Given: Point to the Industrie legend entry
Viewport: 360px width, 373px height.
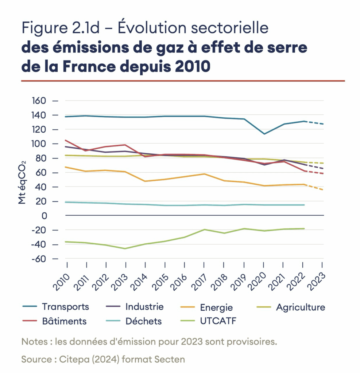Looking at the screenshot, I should [144, 307].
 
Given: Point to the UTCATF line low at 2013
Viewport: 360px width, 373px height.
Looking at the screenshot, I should [125, 248].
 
